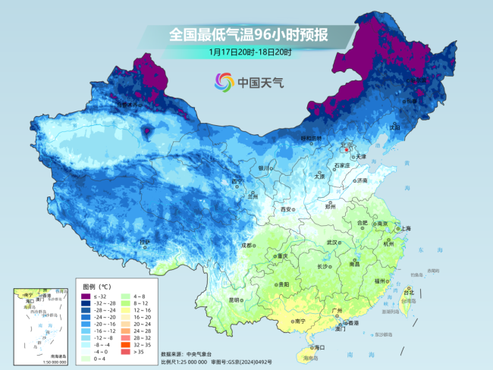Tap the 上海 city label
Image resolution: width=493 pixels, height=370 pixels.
tap(407, 228)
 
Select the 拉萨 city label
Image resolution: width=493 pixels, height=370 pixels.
tap(144, 242)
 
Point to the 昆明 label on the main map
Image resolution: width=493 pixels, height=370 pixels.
tap(235, 299)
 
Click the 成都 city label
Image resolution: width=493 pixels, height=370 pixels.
tap(247, 246)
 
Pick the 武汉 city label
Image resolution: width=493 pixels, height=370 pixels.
tap(331, 242)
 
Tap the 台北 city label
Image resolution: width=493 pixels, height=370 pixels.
tap(409, 292)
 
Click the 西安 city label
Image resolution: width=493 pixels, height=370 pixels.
tap(286, 209)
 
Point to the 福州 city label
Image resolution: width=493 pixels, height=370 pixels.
tap(379, 281)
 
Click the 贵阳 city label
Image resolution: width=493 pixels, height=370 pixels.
tap(283, 284)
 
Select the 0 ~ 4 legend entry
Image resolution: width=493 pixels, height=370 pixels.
tap(100, 359)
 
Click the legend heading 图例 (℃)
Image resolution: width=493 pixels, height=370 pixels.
tap(96, 287)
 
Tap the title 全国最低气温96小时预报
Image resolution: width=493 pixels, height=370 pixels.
tap(248, 35)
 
